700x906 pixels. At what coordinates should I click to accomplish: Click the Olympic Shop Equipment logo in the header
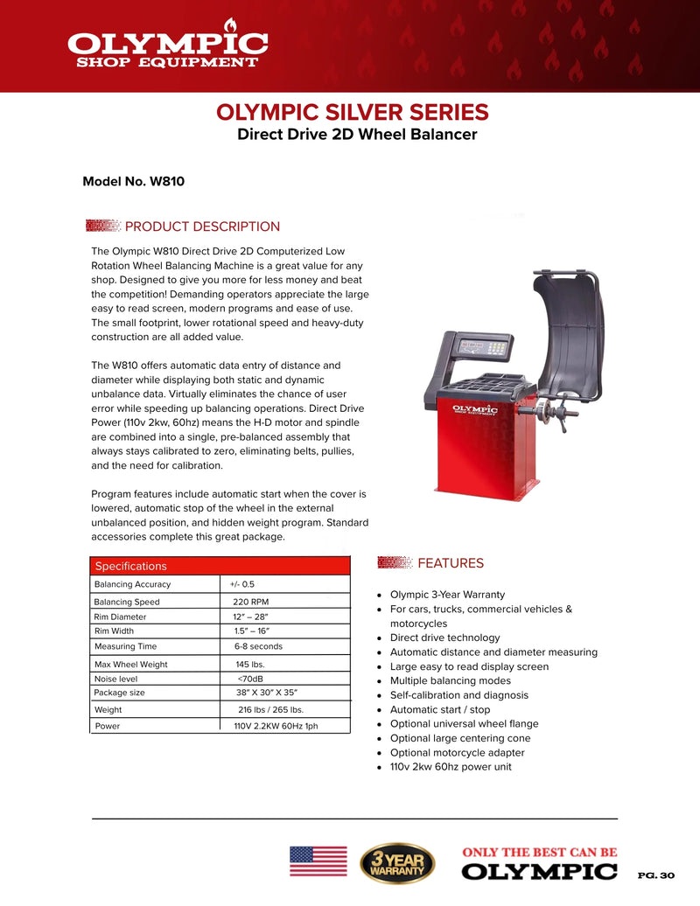[x=168, y=44]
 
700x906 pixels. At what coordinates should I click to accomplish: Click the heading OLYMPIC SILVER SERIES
[x=353, y=112]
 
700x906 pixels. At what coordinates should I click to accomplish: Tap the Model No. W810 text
[x=134, y=181]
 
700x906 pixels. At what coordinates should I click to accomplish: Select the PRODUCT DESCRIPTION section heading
[x=202, y=226]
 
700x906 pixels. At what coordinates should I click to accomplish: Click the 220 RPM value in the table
[x=251, y=602]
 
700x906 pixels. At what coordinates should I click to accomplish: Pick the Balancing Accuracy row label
[x=132, y=584]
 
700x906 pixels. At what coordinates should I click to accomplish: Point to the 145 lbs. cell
[x=249, y=665]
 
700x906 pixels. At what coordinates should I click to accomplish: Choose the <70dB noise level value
[x=250, y=679]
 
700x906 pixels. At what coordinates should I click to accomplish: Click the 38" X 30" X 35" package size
[x=267, y=693]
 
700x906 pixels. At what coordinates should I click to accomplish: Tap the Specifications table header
[x=220, y=566]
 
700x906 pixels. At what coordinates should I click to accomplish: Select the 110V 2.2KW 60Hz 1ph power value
[x=276, y=726]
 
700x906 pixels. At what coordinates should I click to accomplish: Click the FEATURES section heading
[x=451, y=563]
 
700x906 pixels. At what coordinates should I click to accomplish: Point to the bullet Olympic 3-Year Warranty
[x=447, y=595]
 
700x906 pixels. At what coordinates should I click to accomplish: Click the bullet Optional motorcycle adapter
[x=458, y=753]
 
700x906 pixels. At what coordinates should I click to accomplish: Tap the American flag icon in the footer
[x=318, y=861]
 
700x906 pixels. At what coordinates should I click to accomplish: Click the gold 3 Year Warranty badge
[x=397, y=863]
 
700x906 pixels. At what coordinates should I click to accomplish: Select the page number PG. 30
[x=656, y=875]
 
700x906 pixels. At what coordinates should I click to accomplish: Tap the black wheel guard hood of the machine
[x=570, y=335]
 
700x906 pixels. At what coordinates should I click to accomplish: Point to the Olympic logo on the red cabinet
[x=474, y=410]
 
